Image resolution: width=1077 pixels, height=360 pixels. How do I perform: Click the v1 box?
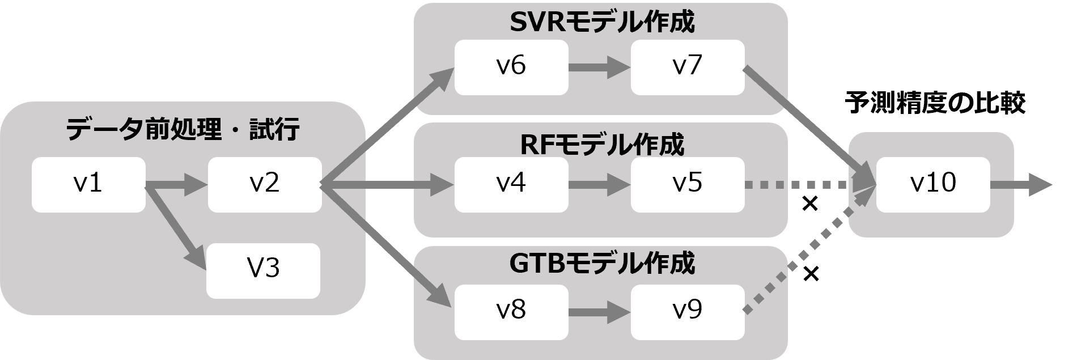pos(88,185)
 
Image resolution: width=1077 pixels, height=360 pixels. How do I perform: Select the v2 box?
pos(264,185)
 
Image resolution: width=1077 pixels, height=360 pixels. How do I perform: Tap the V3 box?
pos(263,270)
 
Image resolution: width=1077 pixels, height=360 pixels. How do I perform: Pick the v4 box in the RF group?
pos(511,185)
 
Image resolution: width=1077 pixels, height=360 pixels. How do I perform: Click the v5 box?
pos(687,185)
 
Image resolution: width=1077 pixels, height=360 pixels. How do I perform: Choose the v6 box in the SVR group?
pos(511,67)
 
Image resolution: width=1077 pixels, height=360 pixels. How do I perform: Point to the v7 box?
pos(687,67)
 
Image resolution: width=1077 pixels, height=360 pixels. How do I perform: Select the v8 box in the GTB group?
pos(511,312)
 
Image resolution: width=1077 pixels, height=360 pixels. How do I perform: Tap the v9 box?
pos(687,312)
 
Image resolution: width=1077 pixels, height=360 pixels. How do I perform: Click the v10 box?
pos(933,185)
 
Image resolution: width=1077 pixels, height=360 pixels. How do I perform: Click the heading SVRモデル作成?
pos(602,23)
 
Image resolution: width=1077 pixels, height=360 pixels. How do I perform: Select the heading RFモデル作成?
pos(602,145)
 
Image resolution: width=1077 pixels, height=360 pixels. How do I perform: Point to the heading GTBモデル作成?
pos(602,263)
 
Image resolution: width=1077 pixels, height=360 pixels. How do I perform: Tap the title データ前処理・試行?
pos(183,131)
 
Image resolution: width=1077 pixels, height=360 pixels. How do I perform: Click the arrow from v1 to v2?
pos(177,185)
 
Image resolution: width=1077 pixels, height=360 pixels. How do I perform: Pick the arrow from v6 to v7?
pos(599,67)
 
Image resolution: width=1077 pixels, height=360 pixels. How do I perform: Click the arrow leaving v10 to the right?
pos(1020,185)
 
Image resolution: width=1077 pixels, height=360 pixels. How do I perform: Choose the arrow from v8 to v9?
pos(599,312)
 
